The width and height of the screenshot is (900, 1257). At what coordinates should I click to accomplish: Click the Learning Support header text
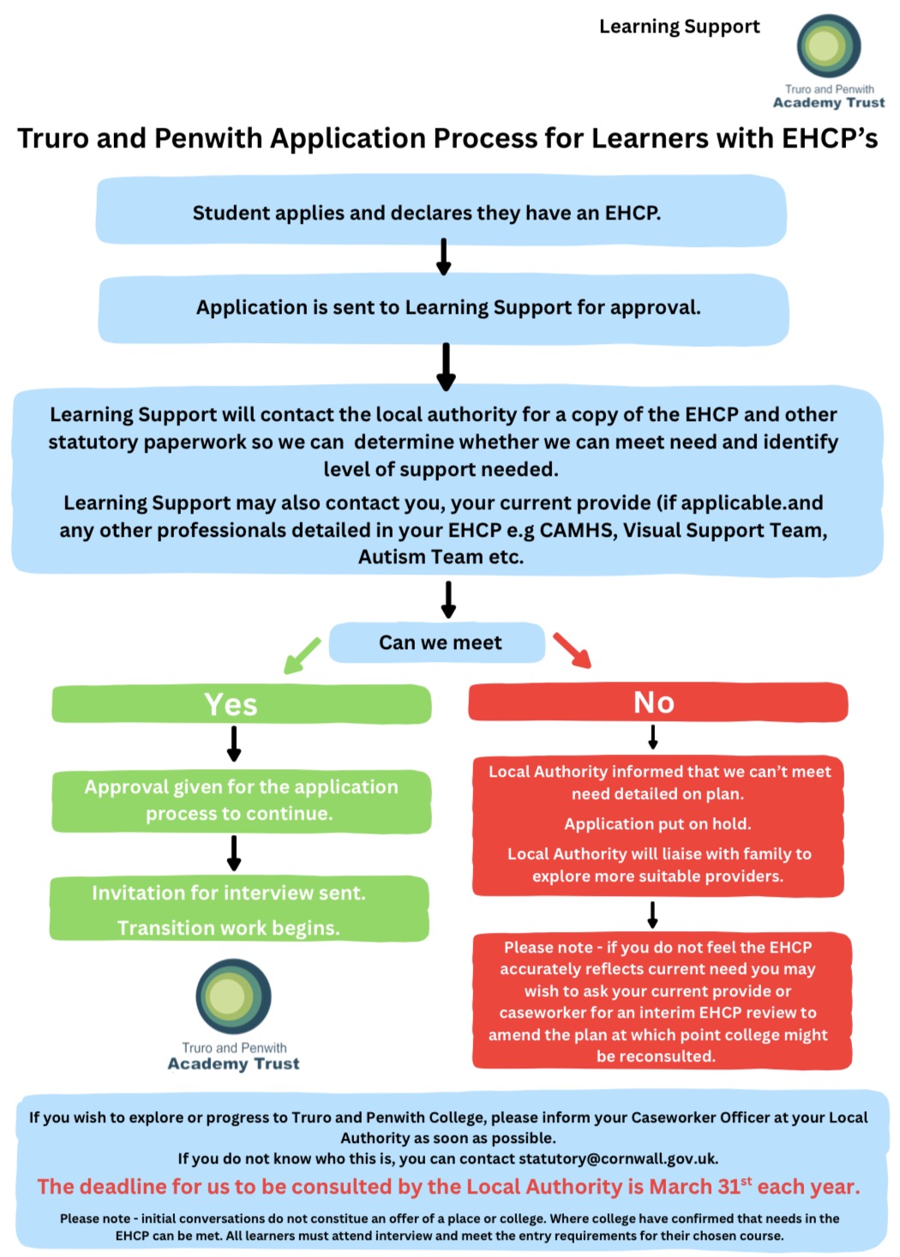(x=679, y=27)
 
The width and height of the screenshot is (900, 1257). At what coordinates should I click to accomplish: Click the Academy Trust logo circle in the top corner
(x=828, y=46)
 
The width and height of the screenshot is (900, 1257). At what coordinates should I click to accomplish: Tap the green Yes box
(x=241, y=704)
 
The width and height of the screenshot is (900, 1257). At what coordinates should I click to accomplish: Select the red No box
(x=657, y=702)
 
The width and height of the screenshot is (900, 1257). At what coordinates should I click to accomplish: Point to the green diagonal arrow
(x=302, y=655)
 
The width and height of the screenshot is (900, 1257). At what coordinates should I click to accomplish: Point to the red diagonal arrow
(x=572, y=650)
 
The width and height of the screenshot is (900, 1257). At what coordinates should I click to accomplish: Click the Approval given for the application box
(x=241, y=801)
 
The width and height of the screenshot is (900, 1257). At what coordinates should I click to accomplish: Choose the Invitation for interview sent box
(x=239, y=909)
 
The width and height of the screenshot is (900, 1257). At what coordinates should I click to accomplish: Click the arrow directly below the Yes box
(x=234, y=743)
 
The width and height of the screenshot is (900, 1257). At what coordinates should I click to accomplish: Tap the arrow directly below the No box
(x=653, y=737)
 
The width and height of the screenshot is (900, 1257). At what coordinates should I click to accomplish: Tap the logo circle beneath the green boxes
(x=233, y=996)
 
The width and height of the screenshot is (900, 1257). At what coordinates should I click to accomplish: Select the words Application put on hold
(x=657, y=824)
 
